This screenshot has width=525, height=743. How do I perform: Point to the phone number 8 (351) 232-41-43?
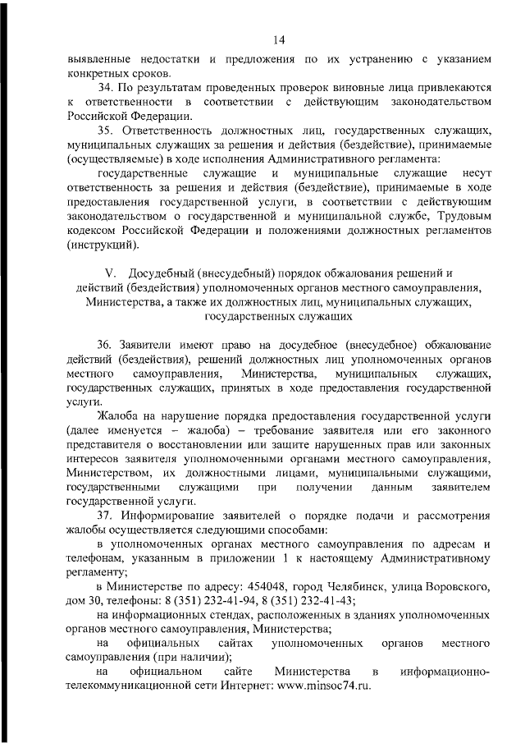(x=310, y=601)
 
